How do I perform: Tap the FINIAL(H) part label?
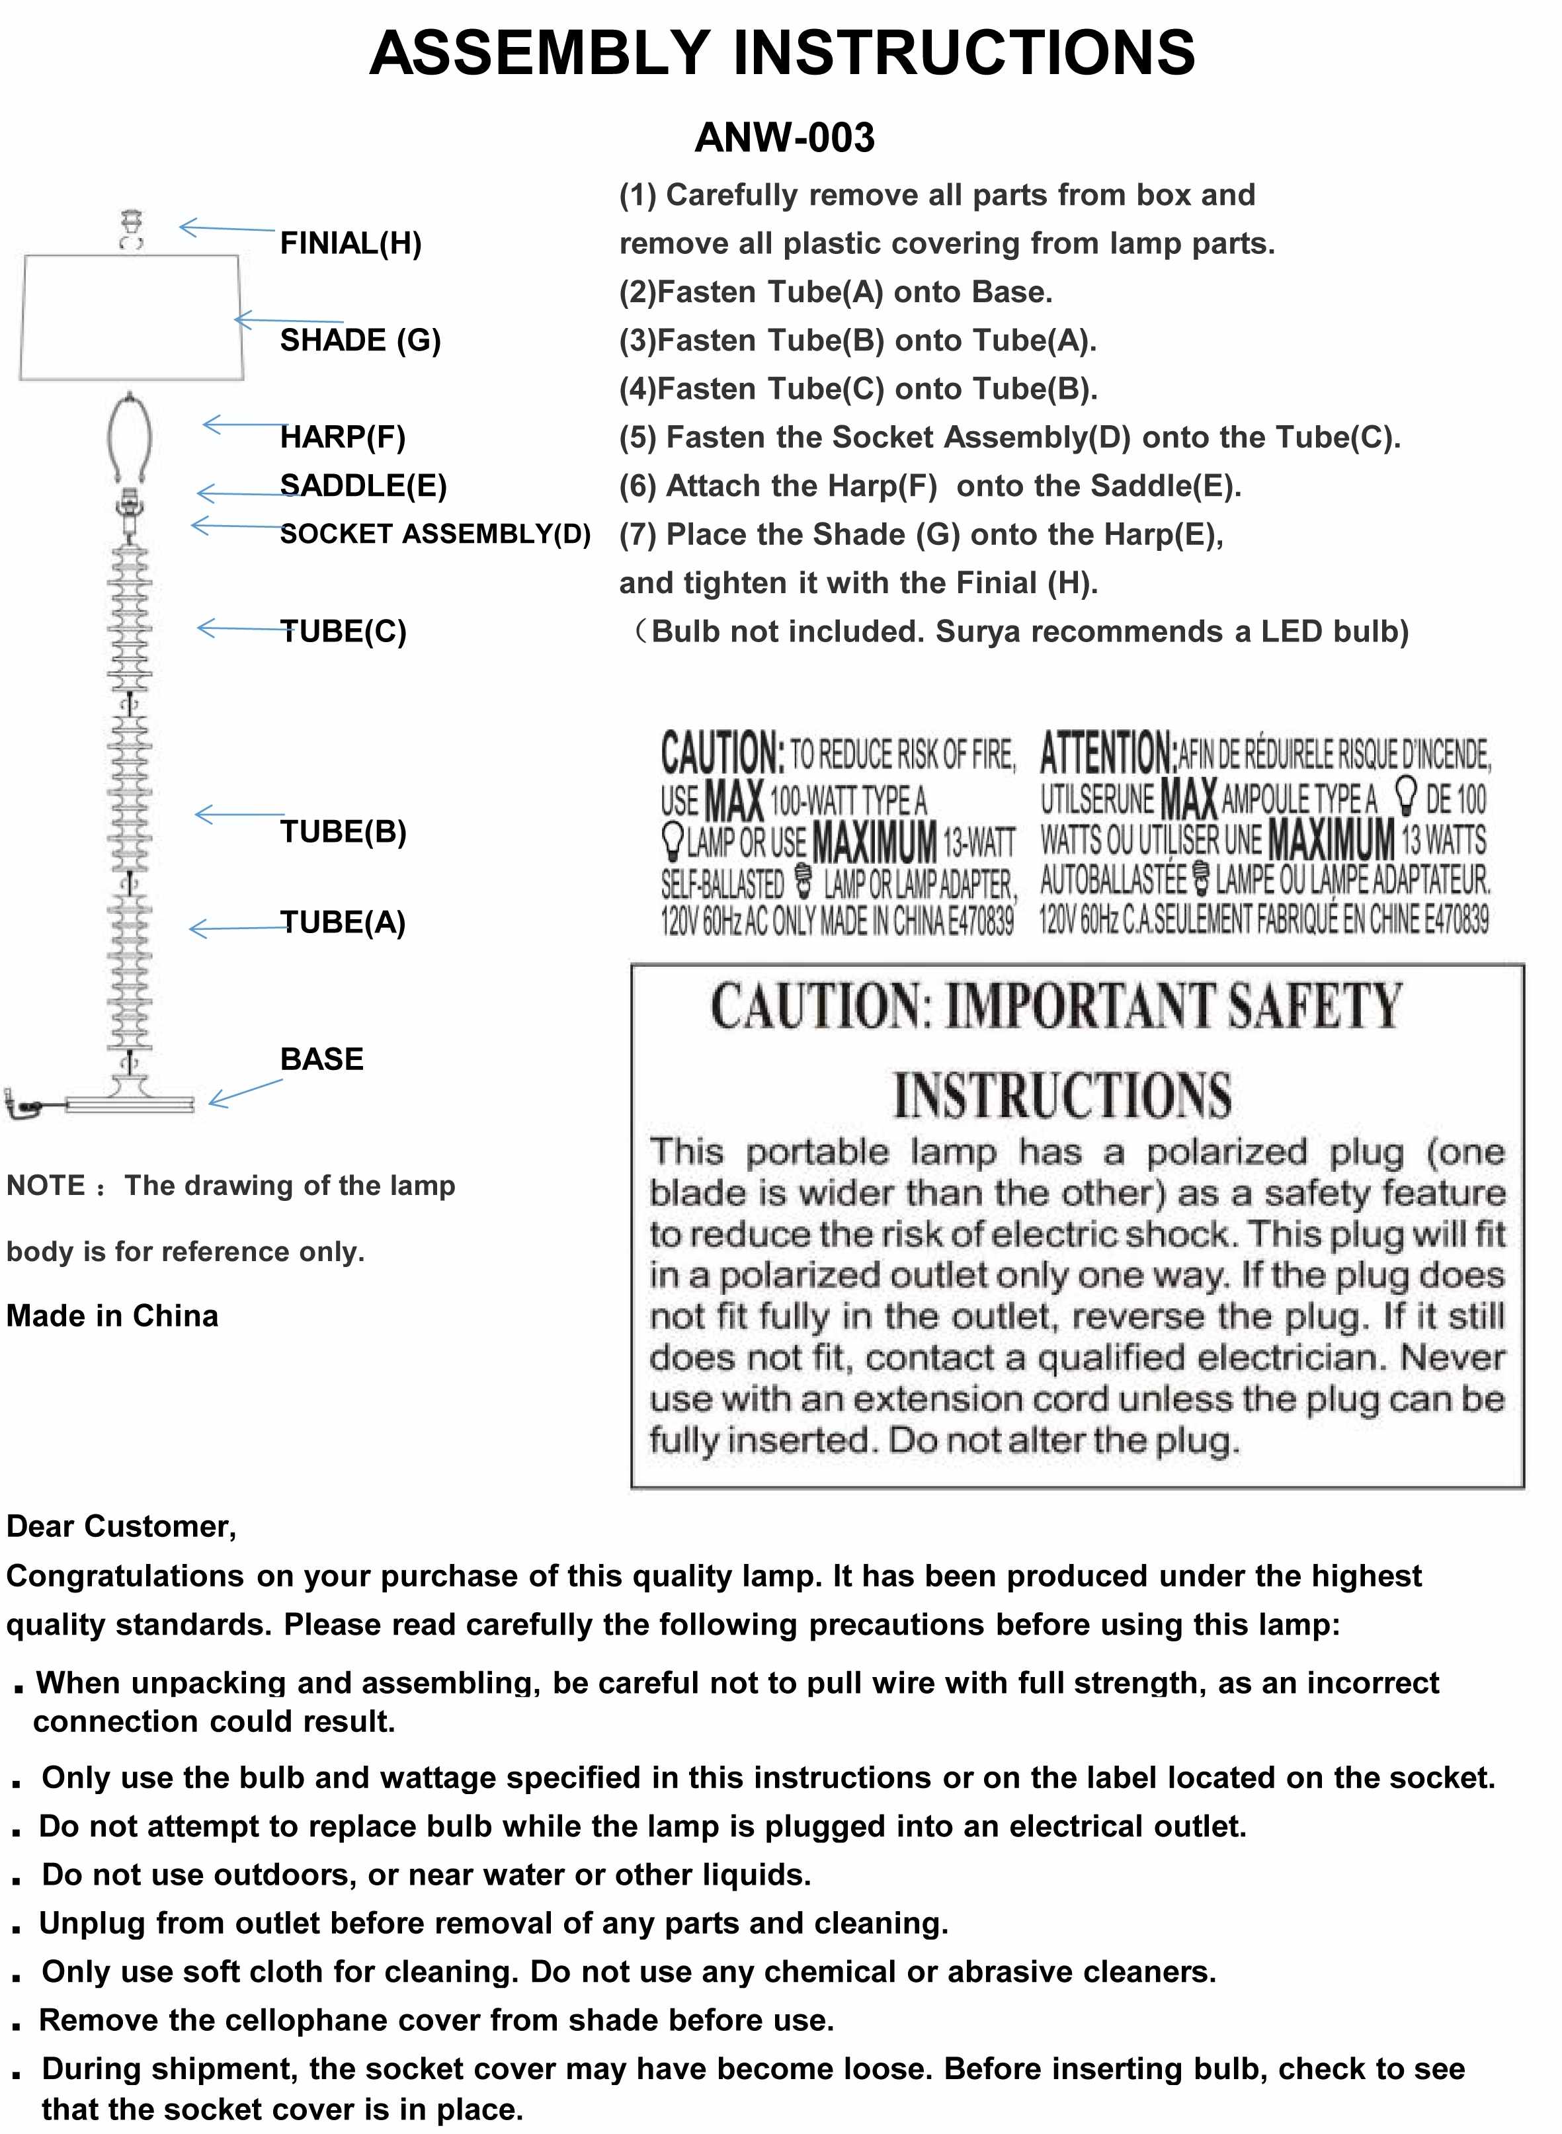pos(350,244)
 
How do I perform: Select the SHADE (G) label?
pos(360,341)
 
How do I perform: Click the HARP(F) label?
pos(343,437)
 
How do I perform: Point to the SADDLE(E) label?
pos(363,486)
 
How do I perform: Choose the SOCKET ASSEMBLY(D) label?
pos(435,534)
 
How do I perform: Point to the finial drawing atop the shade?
pos(132,229)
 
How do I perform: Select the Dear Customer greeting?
pos(121,1526)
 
